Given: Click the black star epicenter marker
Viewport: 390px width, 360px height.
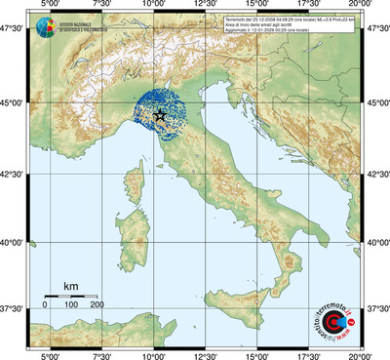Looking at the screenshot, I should pyautogui.click(x=160, y=116).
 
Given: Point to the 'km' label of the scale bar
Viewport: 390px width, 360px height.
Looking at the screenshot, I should pyautogui.click(x=70, y=286).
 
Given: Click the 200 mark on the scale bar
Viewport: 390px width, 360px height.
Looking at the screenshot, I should pyautogui.click(x=97, y=305).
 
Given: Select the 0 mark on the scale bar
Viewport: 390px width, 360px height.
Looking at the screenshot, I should pyautogui.click(x=45, y=305).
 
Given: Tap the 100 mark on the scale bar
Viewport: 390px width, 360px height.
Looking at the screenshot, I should pyautogui.click(x=71, y=305).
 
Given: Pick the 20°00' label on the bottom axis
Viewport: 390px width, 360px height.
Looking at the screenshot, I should pyautogui.click(x=362, y=355).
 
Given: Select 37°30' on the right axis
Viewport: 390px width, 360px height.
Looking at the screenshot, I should pyautogui.click(x=377, y=308).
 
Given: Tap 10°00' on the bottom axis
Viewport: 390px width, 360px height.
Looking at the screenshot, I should pyautogui.click(x=153, y=355).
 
